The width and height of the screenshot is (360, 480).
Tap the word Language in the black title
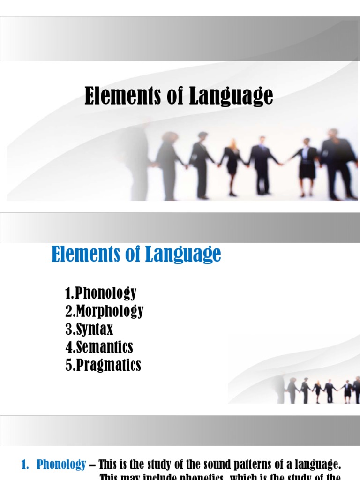click(x=231, y=97)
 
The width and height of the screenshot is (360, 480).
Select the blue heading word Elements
click(x=84, y=254)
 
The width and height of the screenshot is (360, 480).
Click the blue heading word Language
click(x=184, y=255)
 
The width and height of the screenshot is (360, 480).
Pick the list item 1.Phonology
click(x=101, y=293)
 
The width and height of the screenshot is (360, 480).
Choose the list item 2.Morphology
click(x=105, y=311)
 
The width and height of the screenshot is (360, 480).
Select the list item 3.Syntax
click(x=90, y=329)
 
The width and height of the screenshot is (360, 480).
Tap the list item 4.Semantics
click(x=99, y=347)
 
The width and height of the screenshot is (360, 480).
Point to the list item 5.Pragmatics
click(x=103, y=365)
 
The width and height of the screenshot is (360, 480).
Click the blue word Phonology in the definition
click(x=61, y=465)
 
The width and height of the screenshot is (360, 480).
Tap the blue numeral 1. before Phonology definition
click(x=26, y=465)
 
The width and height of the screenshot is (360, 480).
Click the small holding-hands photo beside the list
click(x=323, y=389)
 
